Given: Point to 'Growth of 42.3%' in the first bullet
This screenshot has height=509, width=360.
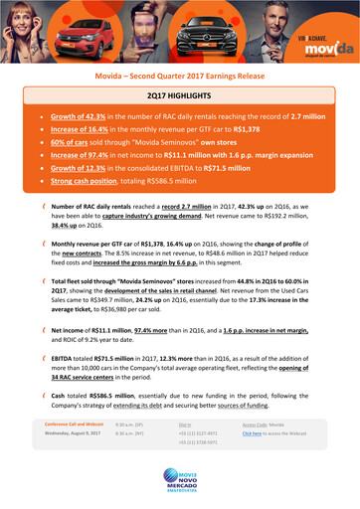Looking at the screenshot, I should pyautogui.click(x=80, y=115).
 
